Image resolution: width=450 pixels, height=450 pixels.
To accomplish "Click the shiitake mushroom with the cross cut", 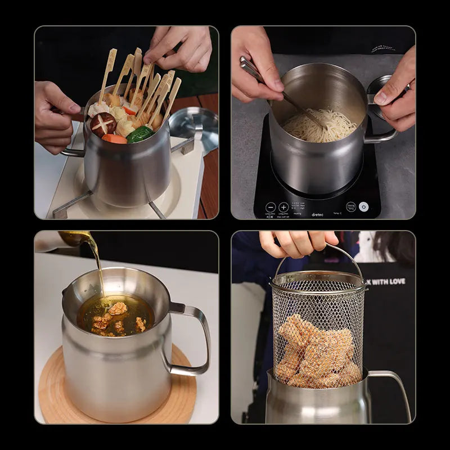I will pyautogui.click(x=103, y=124).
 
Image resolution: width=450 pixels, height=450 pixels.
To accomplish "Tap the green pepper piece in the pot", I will pyautogui.click(x=140, y=134).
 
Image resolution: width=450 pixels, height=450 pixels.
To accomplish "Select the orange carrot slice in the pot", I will pyautogui.click(x=114, y=138).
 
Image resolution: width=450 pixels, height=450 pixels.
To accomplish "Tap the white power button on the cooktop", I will pyautogui.click(x=363, y=206).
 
